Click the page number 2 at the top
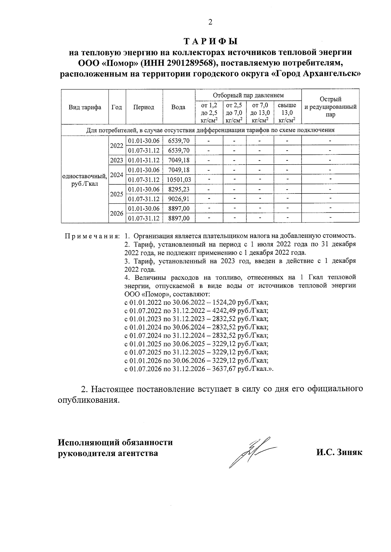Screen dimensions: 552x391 click(x=210, y=22)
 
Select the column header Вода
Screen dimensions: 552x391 click(x=179, y=107)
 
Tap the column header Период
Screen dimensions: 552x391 click(x=144, y=107)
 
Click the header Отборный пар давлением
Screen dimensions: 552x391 click(x=248, y=95)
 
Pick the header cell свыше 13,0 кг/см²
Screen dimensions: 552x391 click(x=287, y=113)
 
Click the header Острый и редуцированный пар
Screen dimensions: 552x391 click(x=330, y=107)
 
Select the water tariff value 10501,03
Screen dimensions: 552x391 click(x=179, y=180)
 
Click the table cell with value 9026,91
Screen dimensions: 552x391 click(x=179, y=199)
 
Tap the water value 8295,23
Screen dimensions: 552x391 click(x=179, y=189)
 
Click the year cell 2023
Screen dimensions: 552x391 click(x=117, y=160)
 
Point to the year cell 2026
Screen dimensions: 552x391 click(x=117, y=213)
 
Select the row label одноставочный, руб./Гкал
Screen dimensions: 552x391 click(x=85, y=180)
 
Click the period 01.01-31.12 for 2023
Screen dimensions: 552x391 click(x=144, y=160)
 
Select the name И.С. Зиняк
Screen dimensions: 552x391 click(x=339, y=453)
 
